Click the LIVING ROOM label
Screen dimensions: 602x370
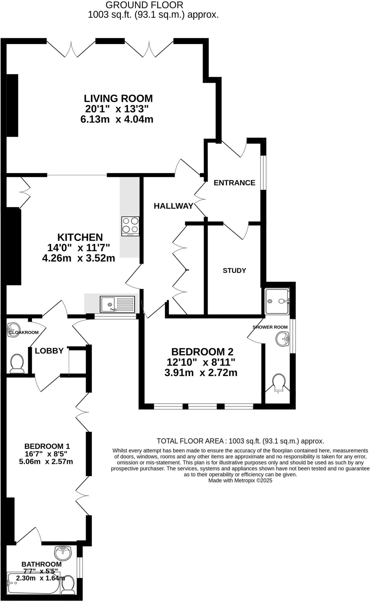118,98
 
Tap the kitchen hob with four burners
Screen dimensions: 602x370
130,226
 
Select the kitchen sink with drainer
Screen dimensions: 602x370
117,304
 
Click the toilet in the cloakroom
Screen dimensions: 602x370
17,363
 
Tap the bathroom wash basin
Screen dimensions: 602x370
63,553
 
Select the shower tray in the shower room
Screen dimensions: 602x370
277,301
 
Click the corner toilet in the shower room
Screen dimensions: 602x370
279,383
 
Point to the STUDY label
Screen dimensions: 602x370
234,270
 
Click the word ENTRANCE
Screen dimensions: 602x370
234,183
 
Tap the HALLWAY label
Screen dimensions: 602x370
173,206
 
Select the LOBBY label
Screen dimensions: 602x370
49,351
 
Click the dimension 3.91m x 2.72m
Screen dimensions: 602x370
201,373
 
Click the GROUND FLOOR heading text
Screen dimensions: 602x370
144,5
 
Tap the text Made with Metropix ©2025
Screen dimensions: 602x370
240,480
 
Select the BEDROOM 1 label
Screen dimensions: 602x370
47,446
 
